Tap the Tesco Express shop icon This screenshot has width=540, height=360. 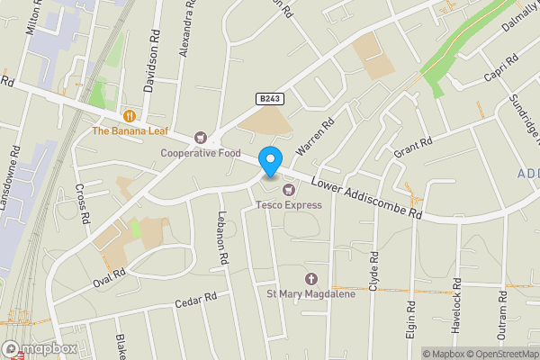pos(288,189)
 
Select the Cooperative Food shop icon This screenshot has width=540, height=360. pos(200,137)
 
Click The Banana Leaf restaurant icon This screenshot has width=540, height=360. pos(130,115)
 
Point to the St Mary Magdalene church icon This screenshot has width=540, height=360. pos(312,279)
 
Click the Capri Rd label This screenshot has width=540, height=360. pos(499,68)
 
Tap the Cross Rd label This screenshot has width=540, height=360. pos(82,204)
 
